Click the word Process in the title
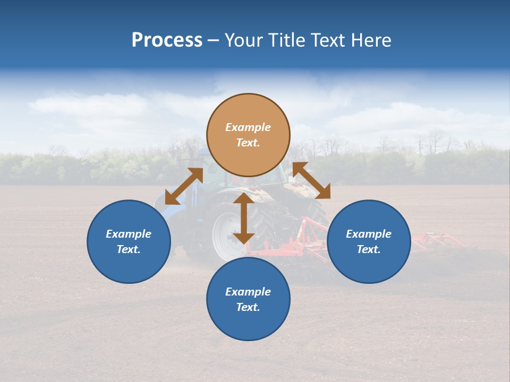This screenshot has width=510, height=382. (x=167, y=40)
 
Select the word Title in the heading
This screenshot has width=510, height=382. (x=285, y=40)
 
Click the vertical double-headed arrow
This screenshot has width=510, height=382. (x=243, y=218)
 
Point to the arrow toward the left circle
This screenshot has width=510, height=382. (x=184, y=186)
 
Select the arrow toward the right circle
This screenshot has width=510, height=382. (x=311, y=180)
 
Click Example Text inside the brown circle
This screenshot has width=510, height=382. (x=248, y=135)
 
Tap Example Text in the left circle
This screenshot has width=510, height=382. (x=129, y=241)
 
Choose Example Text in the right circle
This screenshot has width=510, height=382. (x=369, y=241)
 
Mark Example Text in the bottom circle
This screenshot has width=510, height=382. (x=248, y=299)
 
